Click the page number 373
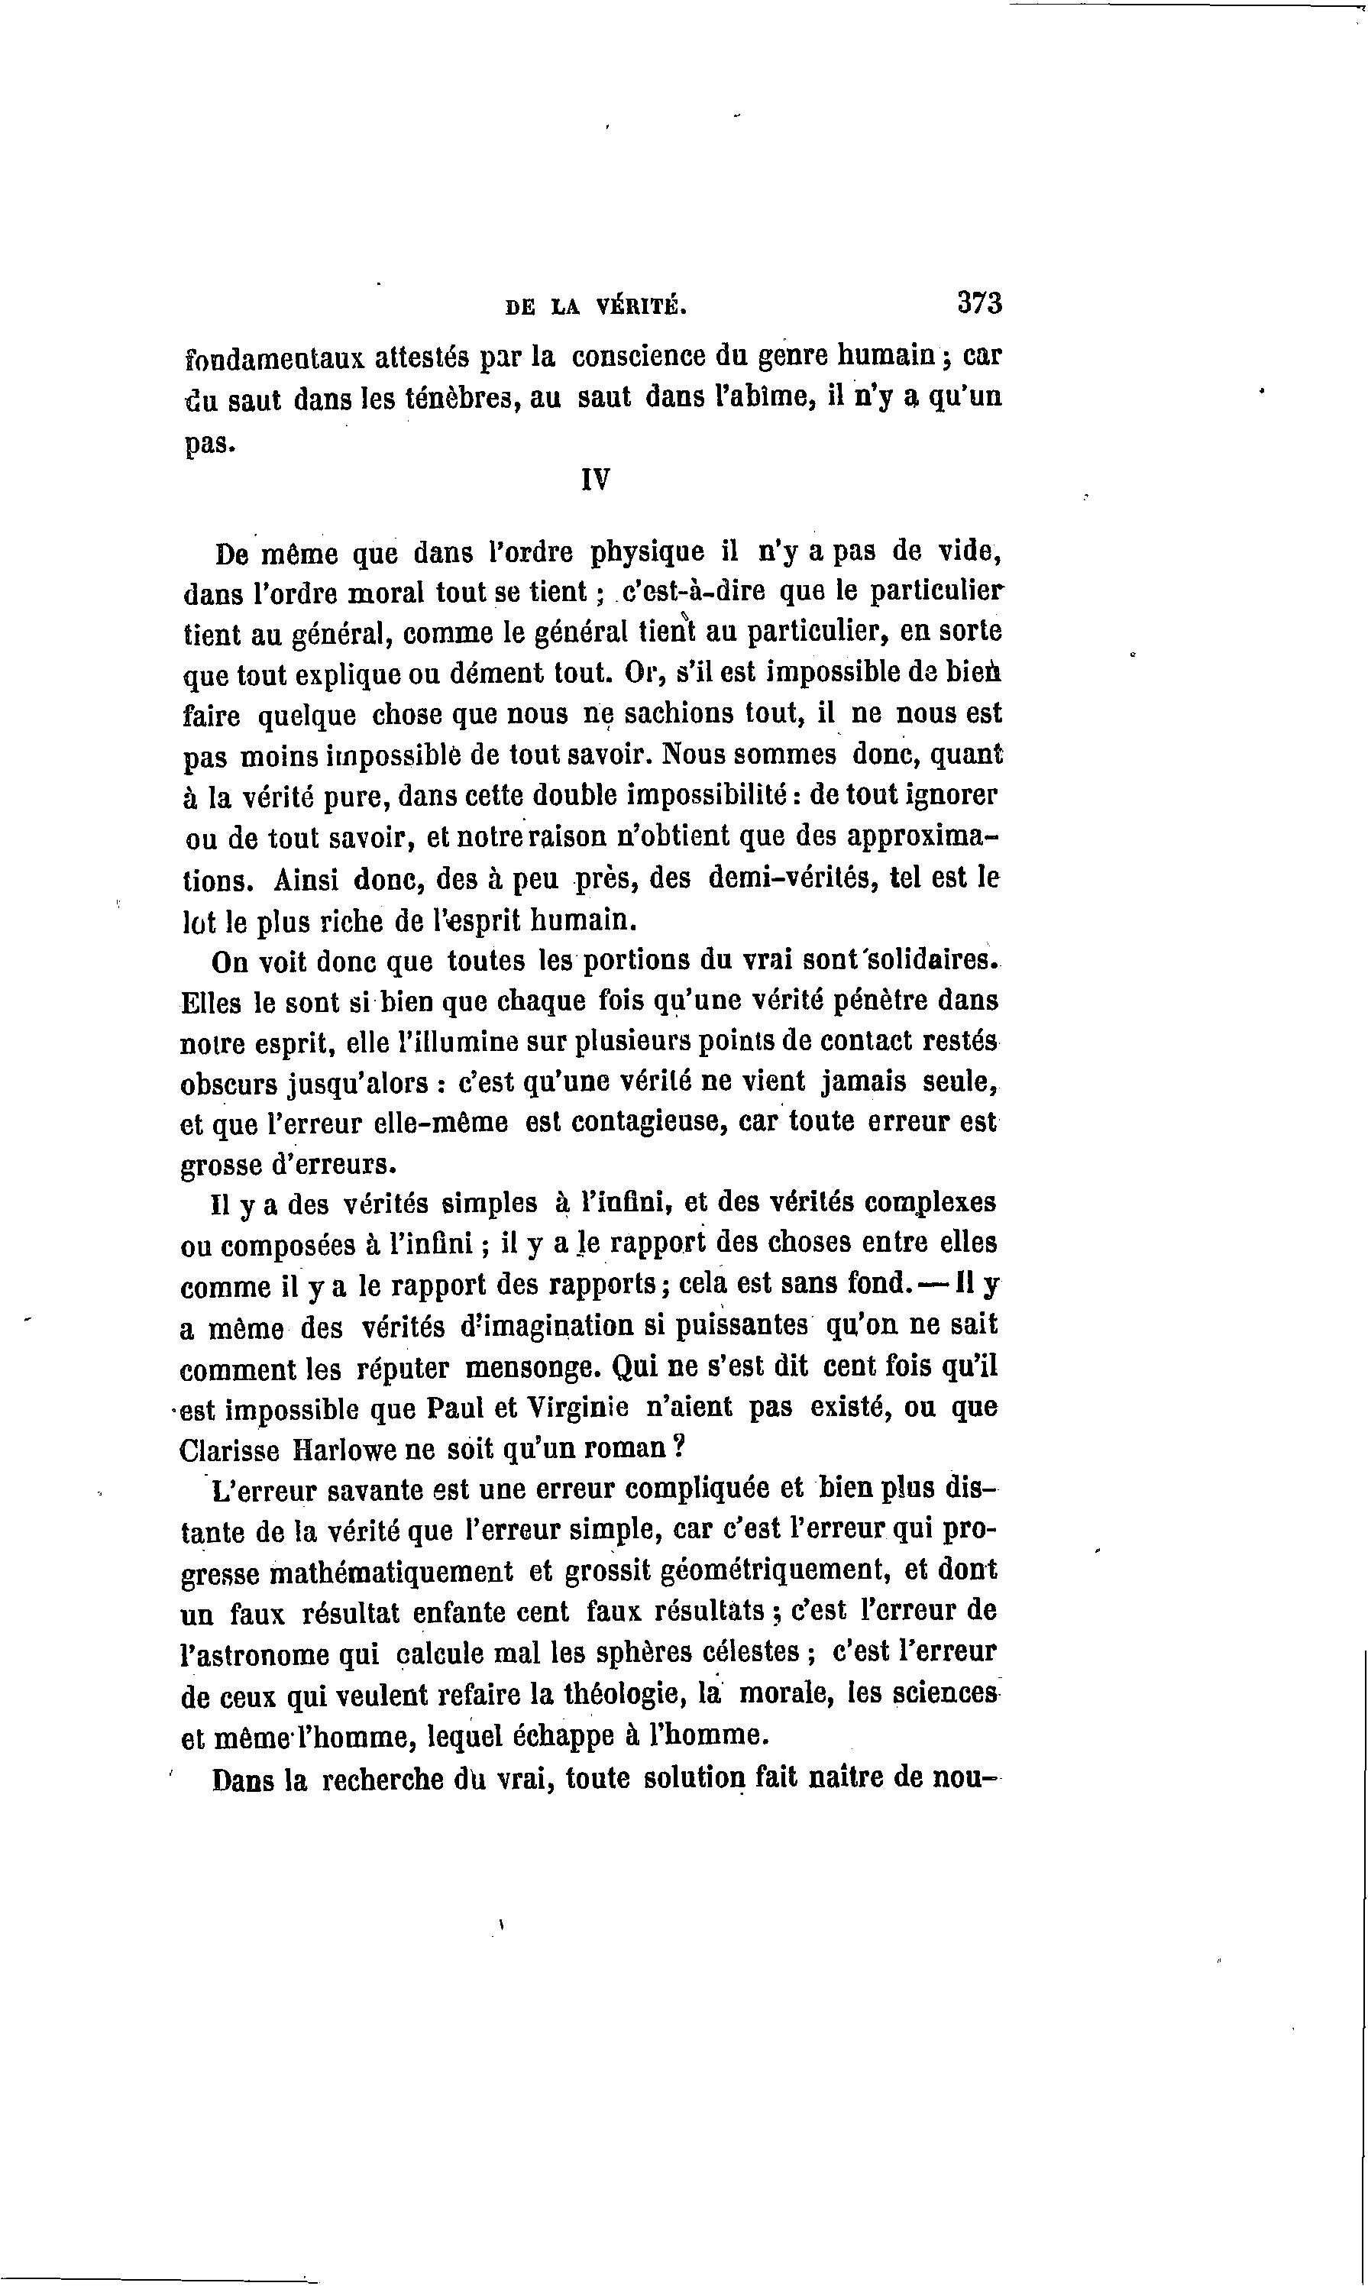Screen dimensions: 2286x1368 (979, 303)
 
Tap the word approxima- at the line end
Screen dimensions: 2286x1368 (923, 838)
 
